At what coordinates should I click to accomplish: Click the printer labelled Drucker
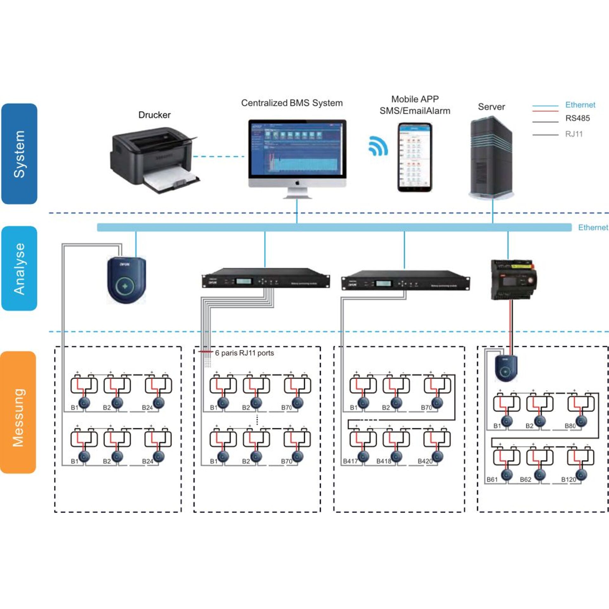click(x=155, y=159)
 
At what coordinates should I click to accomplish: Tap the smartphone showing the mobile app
click(x=415, y=157)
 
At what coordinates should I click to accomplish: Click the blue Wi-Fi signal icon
click(x=378, y=146)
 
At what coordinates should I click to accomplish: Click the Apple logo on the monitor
click(x=297, y=183)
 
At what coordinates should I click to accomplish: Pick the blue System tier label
click(x=19, y=154)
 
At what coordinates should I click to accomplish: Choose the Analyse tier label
click(x=19, y=268)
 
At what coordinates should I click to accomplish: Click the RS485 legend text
click(x=578, y=118)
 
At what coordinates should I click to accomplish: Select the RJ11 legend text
click(x=574, y=134)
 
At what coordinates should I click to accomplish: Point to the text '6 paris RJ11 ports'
click(x=244, y=353)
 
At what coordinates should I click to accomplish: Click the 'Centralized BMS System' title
click(x=292, y=103)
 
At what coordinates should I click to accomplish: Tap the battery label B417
click(x=350, y=461)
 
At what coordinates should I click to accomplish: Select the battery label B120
click(x=568, y=480)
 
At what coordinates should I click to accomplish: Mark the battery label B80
click(x=570, y=426)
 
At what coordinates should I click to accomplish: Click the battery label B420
click(x=425, y=461)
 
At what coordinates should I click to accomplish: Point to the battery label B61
click(x=492, y=480)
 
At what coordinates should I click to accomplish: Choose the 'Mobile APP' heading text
click(x=415, y=99)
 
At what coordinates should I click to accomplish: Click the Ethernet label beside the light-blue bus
click(x=593, y=227)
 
